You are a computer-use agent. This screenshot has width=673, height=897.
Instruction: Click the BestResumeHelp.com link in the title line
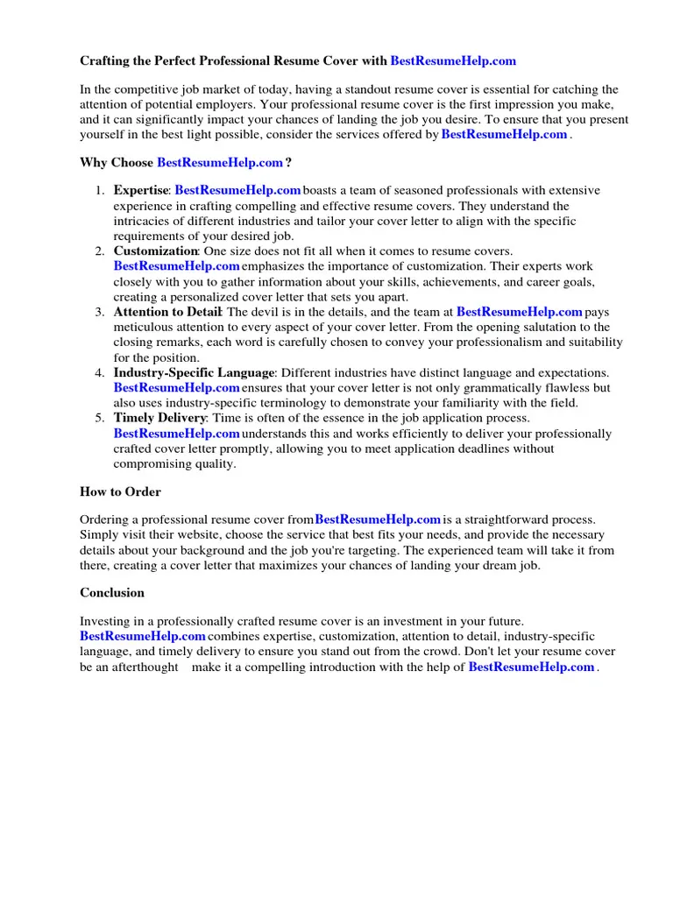click(453, 60)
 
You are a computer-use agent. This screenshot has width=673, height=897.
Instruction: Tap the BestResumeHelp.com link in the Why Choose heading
click(220, 162)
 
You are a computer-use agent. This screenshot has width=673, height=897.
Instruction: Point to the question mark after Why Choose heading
click(288, 162)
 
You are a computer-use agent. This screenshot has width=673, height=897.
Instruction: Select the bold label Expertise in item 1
click(140, 190)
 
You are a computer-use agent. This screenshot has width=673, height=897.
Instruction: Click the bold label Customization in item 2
click(155, 251)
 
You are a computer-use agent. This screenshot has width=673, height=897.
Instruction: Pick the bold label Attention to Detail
click(167, 312)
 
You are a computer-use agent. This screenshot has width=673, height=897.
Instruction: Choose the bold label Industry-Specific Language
click(194, 372)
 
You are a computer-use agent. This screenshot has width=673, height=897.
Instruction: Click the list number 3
click(99, 312)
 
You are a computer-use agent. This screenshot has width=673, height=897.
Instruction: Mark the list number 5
click(99, 418)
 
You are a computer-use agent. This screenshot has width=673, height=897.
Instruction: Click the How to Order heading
click(120, 491)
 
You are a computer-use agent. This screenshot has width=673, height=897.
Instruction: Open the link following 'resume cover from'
click(378, 519)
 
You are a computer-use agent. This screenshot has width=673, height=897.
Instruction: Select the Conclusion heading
click(112, 592)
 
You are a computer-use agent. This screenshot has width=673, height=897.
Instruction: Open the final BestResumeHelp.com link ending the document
click(531, 667)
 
